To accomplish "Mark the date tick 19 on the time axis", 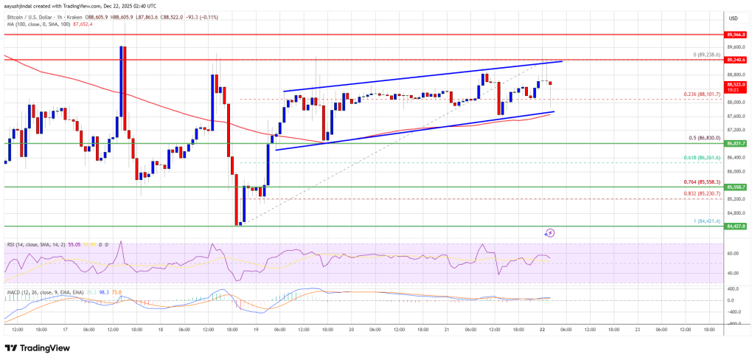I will [x=254, y=329].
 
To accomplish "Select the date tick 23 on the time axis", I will [x=636, y=329].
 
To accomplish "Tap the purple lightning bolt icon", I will [x=549, y=232].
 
